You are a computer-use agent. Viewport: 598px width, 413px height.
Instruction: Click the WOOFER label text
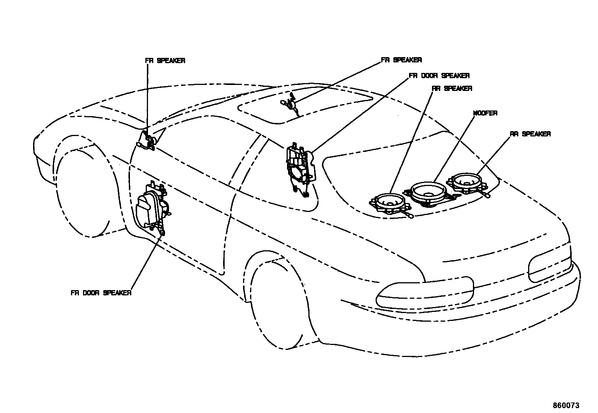(485, 113)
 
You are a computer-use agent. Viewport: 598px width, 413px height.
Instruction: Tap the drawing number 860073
(566, 405)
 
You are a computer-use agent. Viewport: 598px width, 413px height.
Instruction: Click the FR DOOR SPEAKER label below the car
(101, 293)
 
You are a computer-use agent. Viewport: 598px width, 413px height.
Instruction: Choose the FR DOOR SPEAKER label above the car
(439, 76)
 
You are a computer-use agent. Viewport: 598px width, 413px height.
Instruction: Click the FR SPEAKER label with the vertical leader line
(165, 61)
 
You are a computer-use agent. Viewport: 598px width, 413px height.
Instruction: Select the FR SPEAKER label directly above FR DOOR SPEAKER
(402, 60)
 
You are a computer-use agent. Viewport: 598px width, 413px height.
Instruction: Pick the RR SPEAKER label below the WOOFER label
(530, 134)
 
